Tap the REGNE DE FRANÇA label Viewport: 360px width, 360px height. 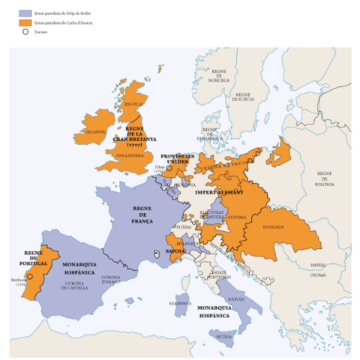[x=142, y=214]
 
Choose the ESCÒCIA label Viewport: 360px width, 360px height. [x=134, y=103]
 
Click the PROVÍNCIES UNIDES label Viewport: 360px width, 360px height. [x=177, y=160]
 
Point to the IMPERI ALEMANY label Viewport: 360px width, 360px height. [x=219, y=193]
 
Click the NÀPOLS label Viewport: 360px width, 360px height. [x=235, y=298]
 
